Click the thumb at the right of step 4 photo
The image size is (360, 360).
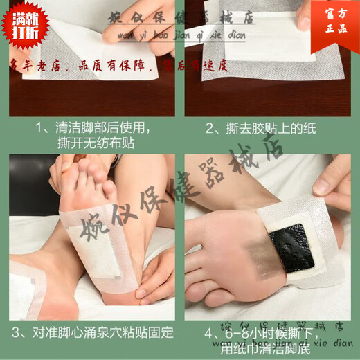[332, 183]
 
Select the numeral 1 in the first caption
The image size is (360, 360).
[39, 129]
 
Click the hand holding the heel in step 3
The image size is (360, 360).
[156, 277]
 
